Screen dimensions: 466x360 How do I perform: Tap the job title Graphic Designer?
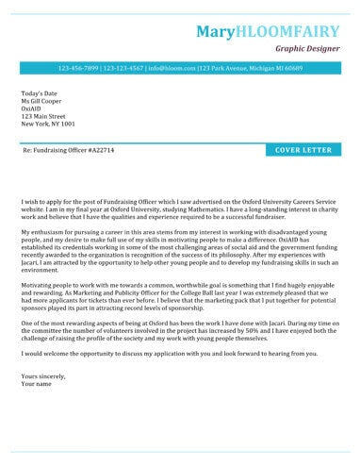click(305, 48)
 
